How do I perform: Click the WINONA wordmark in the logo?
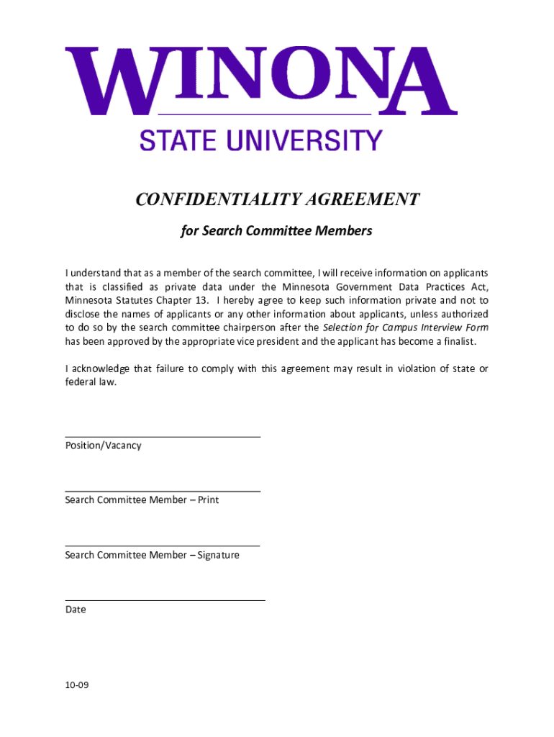tap(261, 80)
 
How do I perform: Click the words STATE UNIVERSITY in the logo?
tap(260, 140)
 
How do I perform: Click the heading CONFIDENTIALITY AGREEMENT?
tap(277, 199)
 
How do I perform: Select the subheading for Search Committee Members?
tap(276, 231)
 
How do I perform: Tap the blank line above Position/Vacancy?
tap(163, 436)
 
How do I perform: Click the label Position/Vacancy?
tap(103, 446)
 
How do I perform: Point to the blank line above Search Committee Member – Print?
tap(163, 491)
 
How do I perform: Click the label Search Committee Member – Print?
tap(142, 500)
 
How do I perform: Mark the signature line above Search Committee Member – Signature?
tap(163, 546)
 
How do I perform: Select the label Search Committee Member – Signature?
tap(152, 555)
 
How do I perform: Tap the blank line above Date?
tap(165, 600)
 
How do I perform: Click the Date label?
tap(76, 610)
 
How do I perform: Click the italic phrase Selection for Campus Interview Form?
tap(410, 327)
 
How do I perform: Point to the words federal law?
tap(90, 382)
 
